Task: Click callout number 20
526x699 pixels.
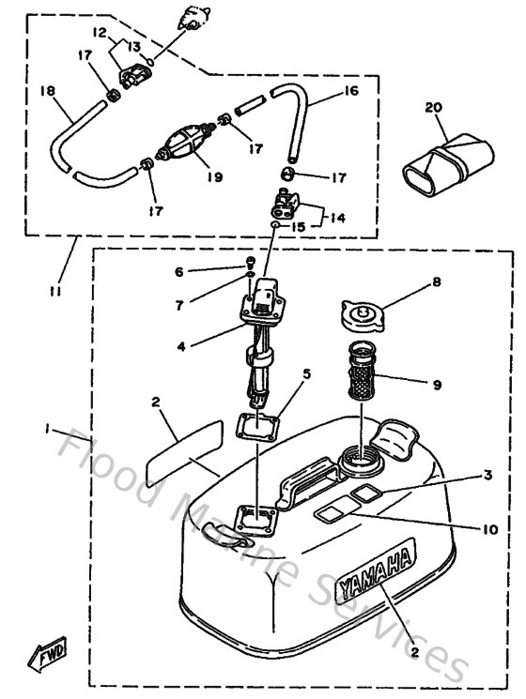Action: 433,107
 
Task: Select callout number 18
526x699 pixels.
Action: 46,91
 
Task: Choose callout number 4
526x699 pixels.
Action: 181,346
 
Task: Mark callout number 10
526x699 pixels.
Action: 490,528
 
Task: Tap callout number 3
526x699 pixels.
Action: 487,476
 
